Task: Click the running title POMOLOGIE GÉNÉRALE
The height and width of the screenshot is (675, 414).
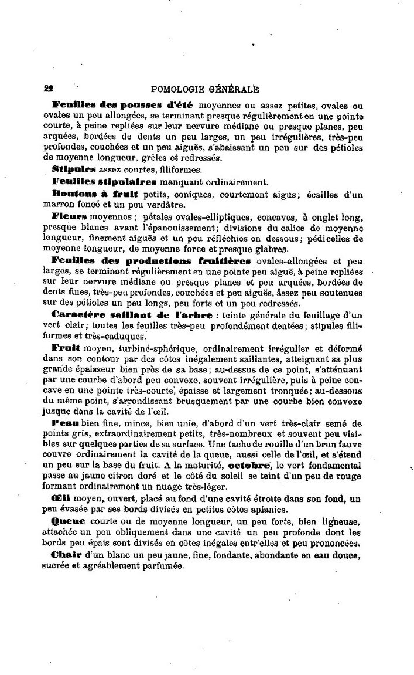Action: point(205,90)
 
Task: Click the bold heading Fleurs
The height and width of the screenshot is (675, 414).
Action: point(71,215)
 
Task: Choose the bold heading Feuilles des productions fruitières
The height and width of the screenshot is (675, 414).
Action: point(151,260)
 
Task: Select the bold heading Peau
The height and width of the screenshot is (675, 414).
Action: point(66,424)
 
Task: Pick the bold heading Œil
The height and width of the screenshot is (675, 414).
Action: point(61,498)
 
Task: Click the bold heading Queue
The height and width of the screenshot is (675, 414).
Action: point(68,521)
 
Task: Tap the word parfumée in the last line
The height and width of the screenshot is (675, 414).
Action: point(160,567)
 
